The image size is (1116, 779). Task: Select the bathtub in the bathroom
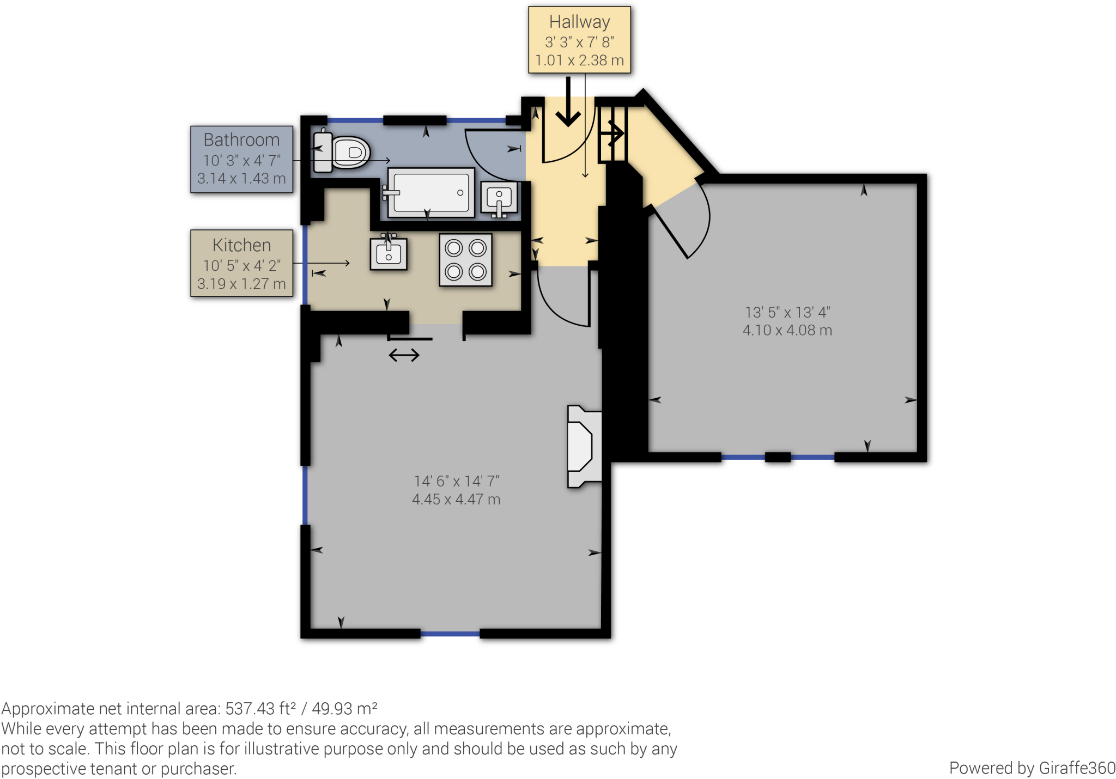430,192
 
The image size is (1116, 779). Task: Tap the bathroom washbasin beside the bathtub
499,198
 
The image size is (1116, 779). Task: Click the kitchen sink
389,253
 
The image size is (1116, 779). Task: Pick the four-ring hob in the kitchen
465,260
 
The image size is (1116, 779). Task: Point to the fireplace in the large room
584,446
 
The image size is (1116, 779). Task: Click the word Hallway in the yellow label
579,22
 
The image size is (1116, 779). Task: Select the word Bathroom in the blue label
241,140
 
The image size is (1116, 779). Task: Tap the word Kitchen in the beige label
241,245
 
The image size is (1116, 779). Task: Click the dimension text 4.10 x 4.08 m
787,330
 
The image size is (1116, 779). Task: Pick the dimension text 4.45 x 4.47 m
456,499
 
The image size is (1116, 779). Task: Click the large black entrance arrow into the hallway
568,104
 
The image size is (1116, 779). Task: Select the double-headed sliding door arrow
404,356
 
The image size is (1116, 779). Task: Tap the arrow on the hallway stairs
616,132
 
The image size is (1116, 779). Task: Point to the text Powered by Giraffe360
1032,768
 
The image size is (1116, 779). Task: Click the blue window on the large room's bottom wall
450,634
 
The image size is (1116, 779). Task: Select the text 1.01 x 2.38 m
579,60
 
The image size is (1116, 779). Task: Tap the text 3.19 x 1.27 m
241,284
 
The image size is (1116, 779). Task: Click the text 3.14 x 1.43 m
241,179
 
